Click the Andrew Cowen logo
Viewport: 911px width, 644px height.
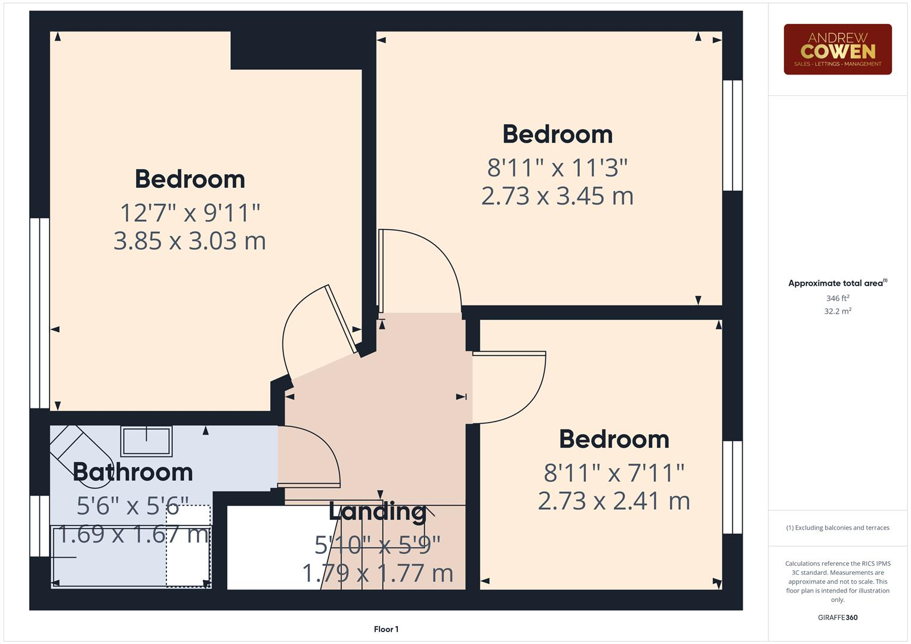(x=837, y=49)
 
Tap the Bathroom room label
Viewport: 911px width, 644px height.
(x=132, y=472)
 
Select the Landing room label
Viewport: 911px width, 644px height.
(x=378, y=511)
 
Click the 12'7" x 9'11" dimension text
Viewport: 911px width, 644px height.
(x=190, y=212)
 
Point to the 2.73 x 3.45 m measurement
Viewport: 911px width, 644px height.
(x=557, y=196)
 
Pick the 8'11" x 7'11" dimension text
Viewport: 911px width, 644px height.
(x=614, y=473)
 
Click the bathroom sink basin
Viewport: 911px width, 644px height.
(x=146, y=441)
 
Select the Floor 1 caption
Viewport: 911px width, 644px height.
(x=386, y=629)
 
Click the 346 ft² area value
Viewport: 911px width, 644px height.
(x=837, y=298)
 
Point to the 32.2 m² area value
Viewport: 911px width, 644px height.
(x=837, y=311)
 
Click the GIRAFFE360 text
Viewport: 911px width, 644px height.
(x=837, y=617)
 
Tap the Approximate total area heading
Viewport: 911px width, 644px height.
(x=837, y=283)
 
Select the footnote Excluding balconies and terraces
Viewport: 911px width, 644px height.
(x=837, y=528)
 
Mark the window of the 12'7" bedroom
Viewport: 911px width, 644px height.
(x=39, y=313)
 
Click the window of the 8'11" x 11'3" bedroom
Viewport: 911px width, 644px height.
(x=733, y=135)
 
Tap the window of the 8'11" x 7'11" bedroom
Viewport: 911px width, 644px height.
(x=733, y=487)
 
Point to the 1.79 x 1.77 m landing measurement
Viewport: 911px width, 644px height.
(x=378, y=573)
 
